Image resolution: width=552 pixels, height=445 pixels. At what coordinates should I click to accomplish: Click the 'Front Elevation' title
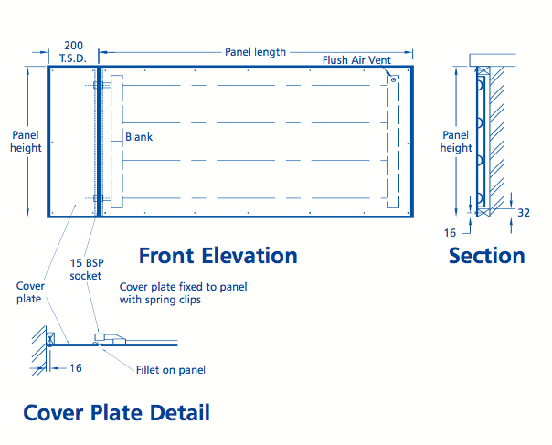click(x=218, y=256)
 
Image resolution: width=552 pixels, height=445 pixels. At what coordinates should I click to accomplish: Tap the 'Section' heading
click(x=487, y=256)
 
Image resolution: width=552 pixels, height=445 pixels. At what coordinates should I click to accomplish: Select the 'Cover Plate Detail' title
click(x=117, y=412)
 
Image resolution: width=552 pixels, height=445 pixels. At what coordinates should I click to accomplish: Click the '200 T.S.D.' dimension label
click(x=73, y=52)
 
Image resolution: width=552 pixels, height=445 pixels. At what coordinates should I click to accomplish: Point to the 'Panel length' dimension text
click(x=255, y=52)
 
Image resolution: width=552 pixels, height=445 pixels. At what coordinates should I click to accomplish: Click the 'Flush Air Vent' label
click(x=356, y=60)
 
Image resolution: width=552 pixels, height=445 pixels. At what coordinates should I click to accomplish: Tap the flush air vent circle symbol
click(x=393, y=79)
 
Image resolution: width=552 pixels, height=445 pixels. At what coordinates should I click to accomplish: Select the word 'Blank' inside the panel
click(x=139, y=136)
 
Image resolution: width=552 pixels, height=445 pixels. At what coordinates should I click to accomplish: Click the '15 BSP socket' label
click(x=87, y=270)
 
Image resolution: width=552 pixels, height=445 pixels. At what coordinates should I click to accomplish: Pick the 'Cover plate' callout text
click(x=30, y=292)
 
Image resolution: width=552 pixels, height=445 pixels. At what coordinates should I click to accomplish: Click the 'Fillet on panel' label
click(x=171, y=370)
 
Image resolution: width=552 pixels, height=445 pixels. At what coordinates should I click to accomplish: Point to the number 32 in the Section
click(x=524, y=213)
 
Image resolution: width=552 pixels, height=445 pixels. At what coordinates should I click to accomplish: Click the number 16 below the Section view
click(x=450, y=233)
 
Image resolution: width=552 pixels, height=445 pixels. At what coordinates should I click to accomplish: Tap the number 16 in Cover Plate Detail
click(x=75, y=368)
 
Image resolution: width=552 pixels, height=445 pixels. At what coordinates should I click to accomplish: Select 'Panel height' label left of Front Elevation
click(x=26, y=142)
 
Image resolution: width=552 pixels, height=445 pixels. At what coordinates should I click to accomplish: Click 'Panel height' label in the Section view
click(x=456, y=142)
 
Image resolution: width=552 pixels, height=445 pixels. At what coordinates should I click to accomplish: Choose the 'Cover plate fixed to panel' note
click(x=183, y=287)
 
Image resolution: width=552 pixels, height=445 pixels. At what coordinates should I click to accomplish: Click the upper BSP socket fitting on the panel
click(x=99, y=85)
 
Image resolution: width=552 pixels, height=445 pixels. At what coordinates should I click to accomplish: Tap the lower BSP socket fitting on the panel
click(x=99, y=198)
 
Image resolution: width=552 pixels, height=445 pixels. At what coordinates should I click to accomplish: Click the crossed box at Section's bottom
click(x=483, y=213)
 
